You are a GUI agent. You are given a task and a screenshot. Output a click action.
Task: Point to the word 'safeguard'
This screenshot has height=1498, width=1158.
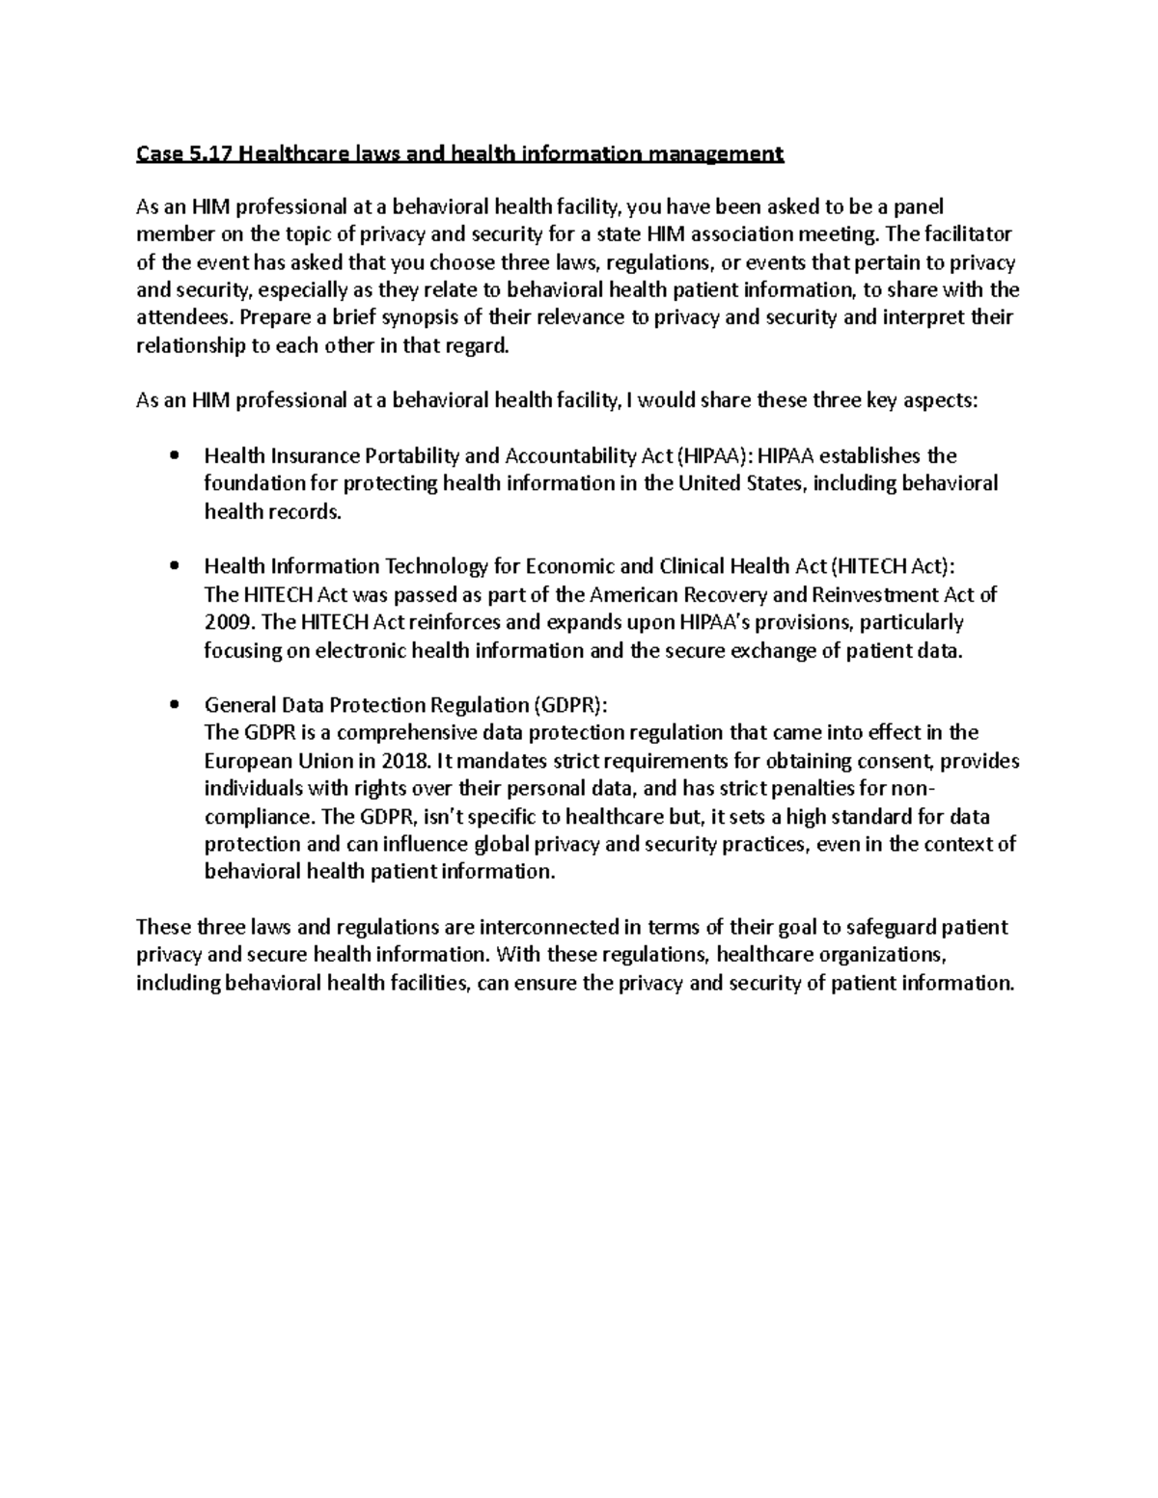(888, 928)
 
